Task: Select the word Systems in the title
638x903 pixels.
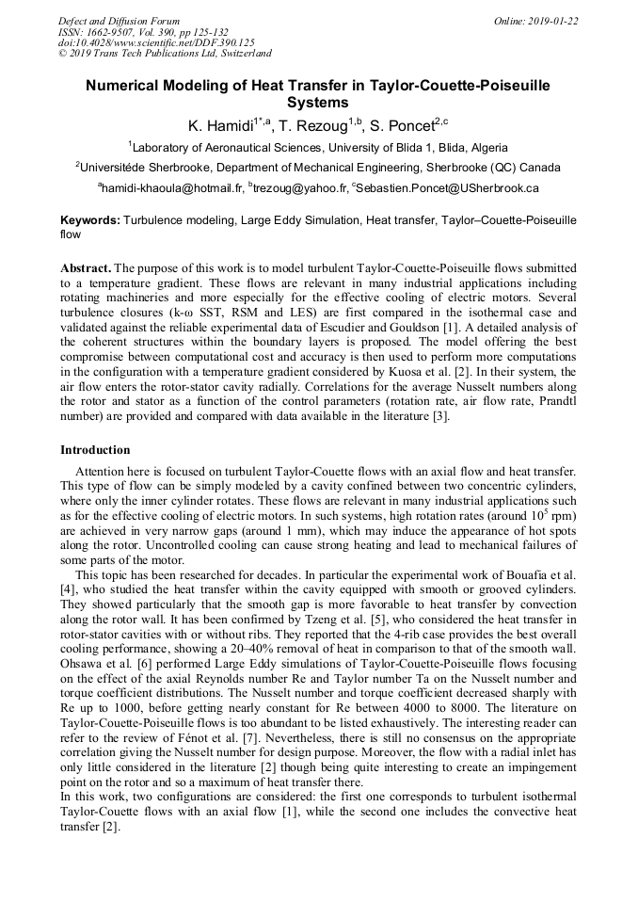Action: tap(318, 103)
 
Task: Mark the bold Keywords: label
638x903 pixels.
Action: tap(90, 219)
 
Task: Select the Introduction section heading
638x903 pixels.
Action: tap(95, 450)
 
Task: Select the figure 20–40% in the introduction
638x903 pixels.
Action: tap(239, 635)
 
